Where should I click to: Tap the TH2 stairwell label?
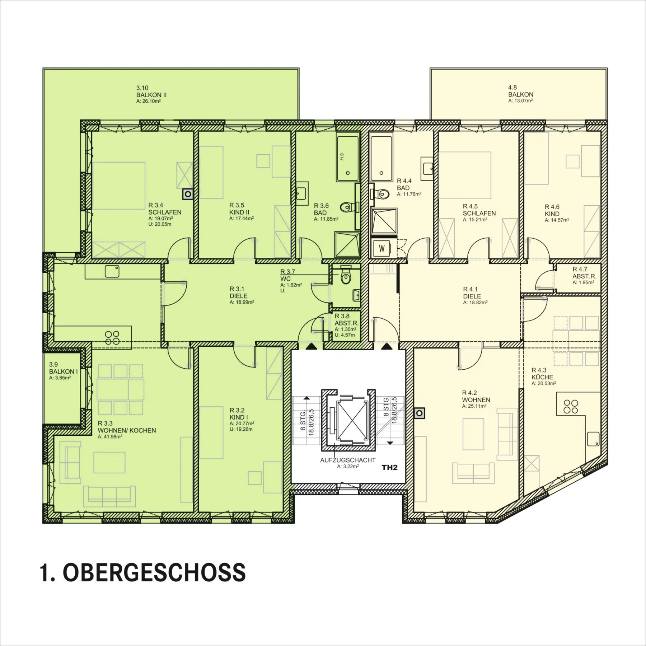pos(389,467)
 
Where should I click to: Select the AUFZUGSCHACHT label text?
pos(348,460)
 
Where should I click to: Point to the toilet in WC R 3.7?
pos(346,277)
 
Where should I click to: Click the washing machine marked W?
pos(382,248)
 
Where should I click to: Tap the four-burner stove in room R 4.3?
pos(571,407)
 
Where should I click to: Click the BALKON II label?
pos(151,95)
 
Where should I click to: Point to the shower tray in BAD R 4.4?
pos(384,221)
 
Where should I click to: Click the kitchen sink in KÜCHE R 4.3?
pos(593,439)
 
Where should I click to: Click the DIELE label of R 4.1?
pos(472,296)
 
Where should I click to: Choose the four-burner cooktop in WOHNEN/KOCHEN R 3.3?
pos(112,338)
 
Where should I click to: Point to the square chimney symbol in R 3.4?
pos(188,194)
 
